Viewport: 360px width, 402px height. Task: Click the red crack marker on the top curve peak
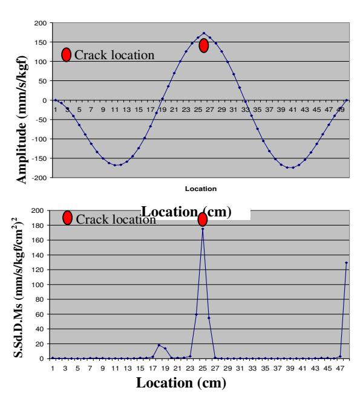(x=204, y=45)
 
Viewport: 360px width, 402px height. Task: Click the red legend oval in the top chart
(x=66, y=54)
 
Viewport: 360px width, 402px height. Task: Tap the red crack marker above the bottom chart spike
(x=203, y=219)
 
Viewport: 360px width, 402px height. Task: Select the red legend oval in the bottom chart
(x=67, y=218)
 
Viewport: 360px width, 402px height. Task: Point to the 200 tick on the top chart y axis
(x=41, y=23)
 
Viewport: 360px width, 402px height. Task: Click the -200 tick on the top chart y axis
(x=39, y=178)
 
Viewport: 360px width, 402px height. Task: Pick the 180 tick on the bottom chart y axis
(x=38, y=225)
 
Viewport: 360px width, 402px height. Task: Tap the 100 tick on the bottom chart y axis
(x=38, y=285)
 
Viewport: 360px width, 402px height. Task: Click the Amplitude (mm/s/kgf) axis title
(x=22, y=119)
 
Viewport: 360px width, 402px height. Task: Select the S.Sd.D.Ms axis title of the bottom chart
(x=18, y=288)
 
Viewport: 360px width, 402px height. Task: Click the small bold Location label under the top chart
(x=201, y=189)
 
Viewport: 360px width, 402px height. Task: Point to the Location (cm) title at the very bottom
(x=181, y=383)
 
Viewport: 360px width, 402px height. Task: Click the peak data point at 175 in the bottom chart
(x=203, y=229)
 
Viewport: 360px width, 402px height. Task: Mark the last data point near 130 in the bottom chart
(x=347, y=263)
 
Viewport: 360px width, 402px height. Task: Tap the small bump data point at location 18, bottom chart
(x=159, y=345)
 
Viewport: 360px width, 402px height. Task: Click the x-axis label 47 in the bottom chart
(x=340, y=368)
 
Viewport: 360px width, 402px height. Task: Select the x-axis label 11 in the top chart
(x=115, y=110)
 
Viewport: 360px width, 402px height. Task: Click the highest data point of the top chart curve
(x=204, y=33)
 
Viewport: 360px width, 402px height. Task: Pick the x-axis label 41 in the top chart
(x=293, y=110)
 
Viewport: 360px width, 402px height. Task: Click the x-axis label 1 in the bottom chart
(x=53, y=368)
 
